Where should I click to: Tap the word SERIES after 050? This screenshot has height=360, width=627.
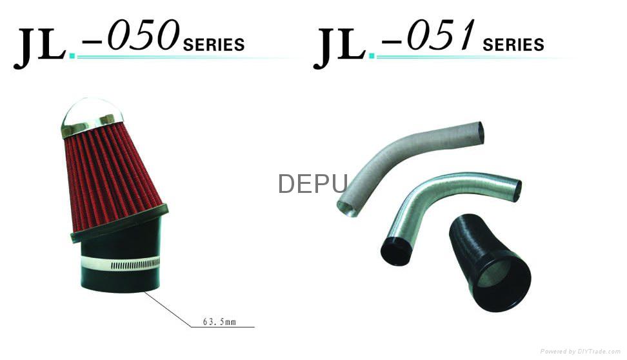(214, 45)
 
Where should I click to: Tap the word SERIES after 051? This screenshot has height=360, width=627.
(513, 45)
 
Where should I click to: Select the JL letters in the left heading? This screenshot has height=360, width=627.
(39, 47)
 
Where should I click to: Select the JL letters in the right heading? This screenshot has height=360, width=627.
(339, 47)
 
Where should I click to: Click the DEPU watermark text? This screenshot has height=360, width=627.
(313, 184)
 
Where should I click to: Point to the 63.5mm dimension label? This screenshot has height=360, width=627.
(219, 321)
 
